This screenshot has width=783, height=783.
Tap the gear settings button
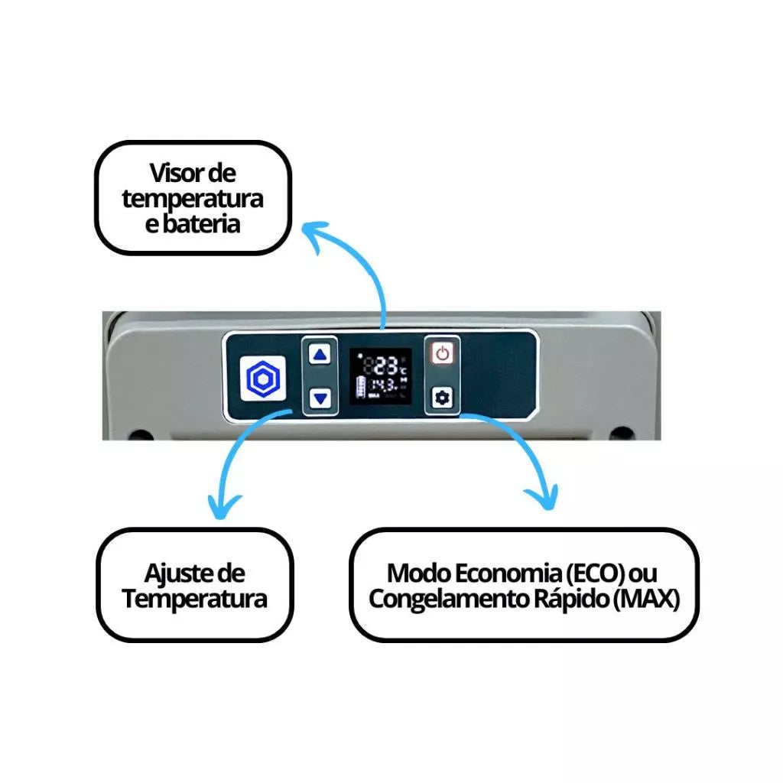tap(442, 398)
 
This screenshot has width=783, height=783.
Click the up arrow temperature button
tap(320, 354)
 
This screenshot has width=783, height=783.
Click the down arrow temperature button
tap(320, 398)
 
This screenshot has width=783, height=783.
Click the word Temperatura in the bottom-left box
tap(195, 598)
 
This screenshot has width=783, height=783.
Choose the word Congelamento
tap(442, 598)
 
